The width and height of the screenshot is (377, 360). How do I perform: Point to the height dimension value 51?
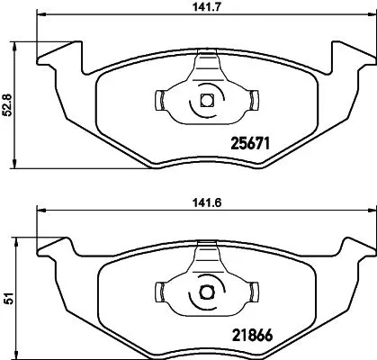pos(8,299)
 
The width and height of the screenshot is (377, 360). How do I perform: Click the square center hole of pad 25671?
pos(206,101)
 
